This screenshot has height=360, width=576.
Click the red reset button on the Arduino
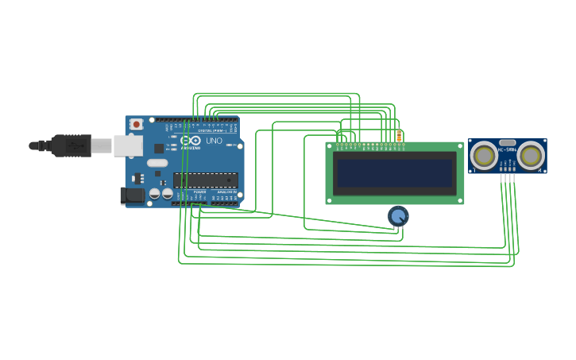[x=137, y=124]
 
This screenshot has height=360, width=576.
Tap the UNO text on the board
[x=214, y=141]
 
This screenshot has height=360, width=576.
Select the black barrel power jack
[x=131, y=195]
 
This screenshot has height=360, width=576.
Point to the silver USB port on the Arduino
[x=127, y=145]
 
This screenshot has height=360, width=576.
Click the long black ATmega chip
[x=205, y=180]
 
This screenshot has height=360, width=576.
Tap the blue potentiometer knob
[x=398, y=215]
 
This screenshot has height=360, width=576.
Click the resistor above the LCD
[x=399, y=137]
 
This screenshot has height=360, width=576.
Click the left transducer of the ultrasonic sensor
[x=484, y=156]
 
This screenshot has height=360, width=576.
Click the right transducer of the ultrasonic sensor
[x=530, y=156]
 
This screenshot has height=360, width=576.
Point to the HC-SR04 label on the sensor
[x=507, y=149]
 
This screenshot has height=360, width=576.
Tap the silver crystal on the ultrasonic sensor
[x=507, y=142]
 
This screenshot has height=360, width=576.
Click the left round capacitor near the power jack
[x=155, y=193]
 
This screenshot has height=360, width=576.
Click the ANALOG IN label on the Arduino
[x=226, y=192]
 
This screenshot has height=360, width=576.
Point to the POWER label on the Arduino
[x=199, y=192]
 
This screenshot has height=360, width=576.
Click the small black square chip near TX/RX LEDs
[x=159, y=148]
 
